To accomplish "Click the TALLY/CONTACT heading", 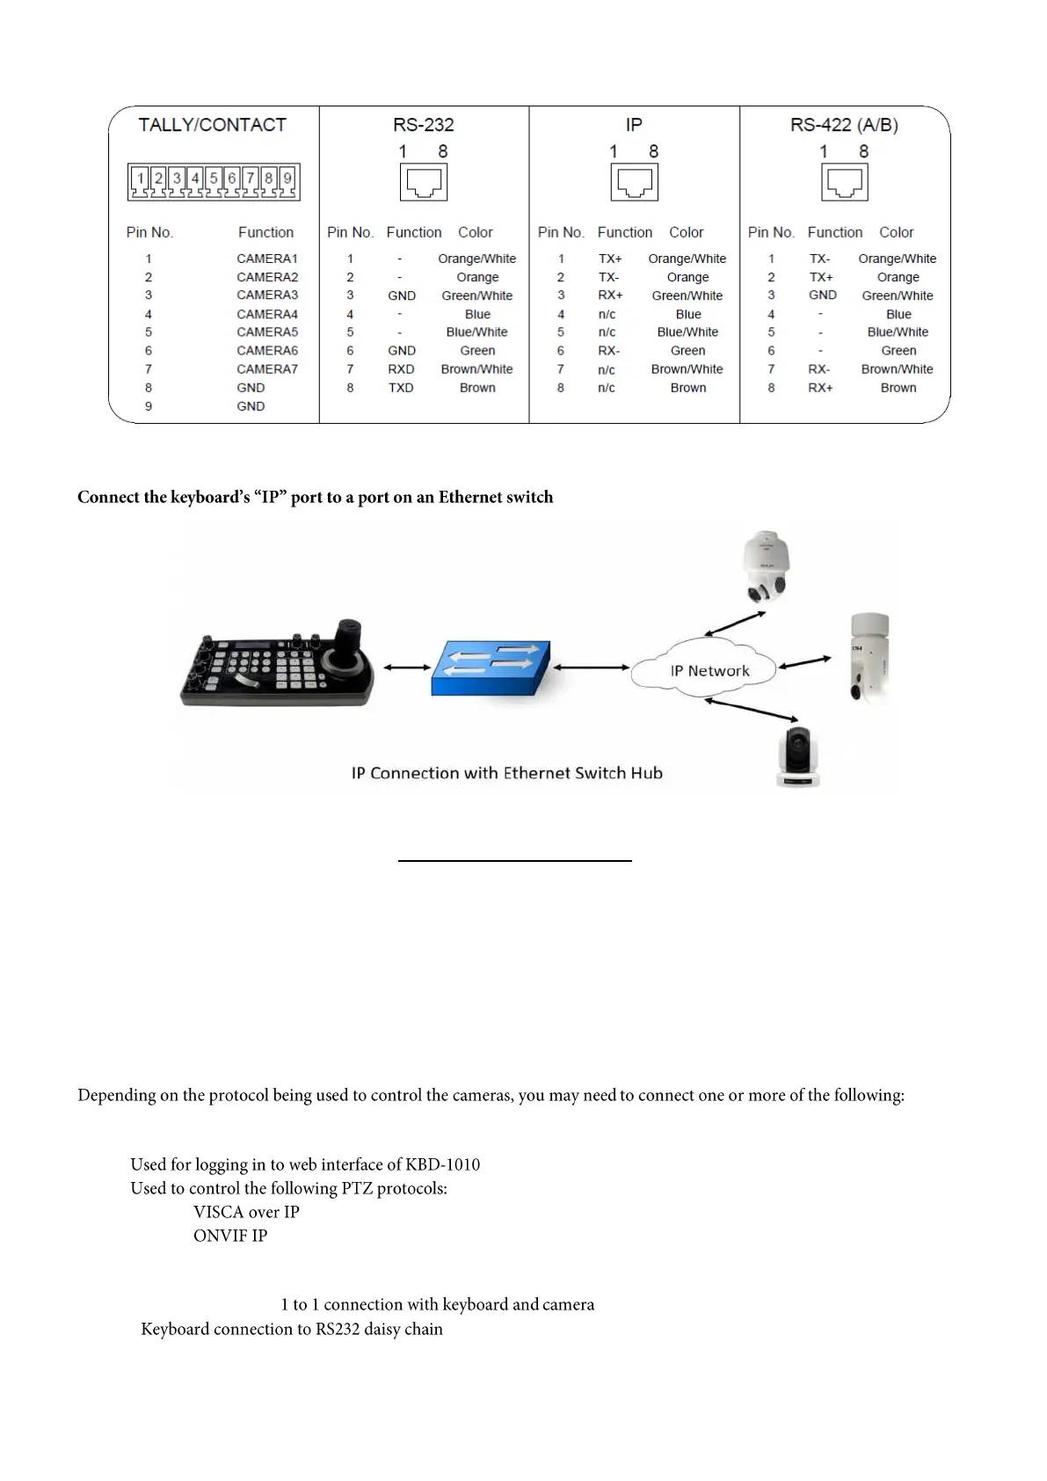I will coord(212,125).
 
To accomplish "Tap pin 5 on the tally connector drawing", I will coord(214,179).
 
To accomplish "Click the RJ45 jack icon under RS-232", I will coord(424,183).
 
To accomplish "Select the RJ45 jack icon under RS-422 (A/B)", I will coord(845,183).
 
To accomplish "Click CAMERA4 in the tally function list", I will coord(267,314).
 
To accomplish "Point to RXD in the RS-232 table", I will coord(401,369).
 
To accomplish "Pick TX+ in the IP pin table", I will coord(610,259).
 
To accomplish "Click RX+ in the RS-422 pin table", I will coord(820,388).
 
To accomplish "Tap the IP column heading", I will coord(634,125).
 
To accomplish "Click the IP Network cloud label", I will coord(709,671).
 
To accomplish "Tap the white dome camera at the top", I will coord(765,567).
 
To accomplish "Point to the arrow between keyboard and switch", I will coord(406,668).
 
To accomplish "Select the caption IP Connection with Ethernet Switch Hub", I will coord(506,773).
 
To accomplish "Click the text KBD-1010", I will coord(442,1165).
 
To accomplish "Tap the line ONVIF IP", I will coord(230,1236).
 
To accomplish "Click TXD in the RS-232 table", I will coord(401,388).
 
